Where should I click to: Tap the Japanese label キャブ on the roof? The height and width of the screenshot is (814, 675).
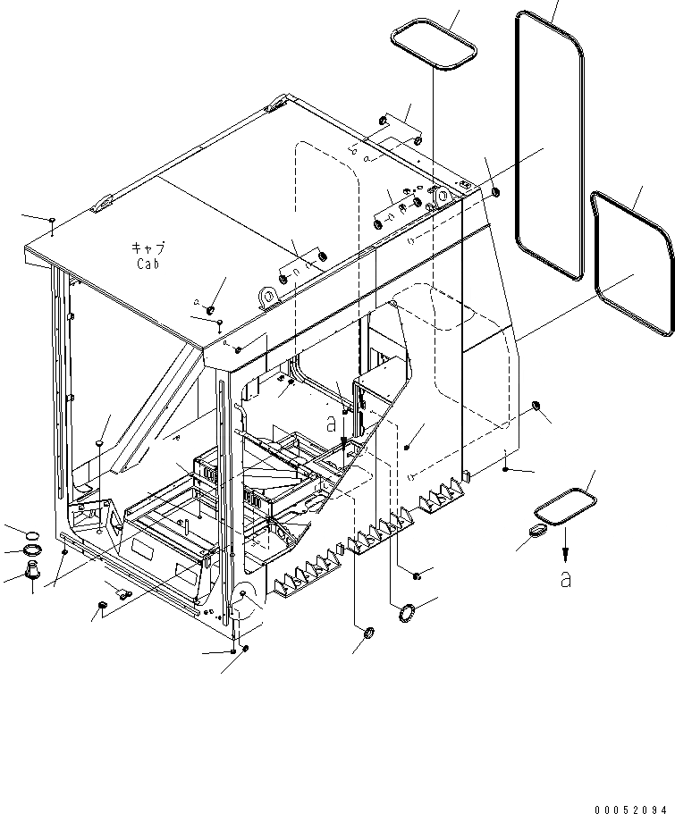[x=148, y=248]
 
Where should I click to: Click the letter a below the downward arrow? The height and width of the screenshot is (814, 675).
[x=564, y=579]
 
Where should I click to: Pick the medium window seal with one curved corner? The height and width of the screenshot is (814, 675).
[x=633, y=264]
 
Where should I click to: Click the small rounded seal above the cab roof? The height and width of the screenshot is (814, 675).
[x=434, y=45]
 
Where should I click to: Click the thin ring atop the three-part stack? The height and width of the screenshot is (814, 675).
[x=30, y=534]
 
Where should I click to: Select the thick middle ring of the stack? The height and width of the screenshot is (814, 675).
[x=31, y=550]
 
